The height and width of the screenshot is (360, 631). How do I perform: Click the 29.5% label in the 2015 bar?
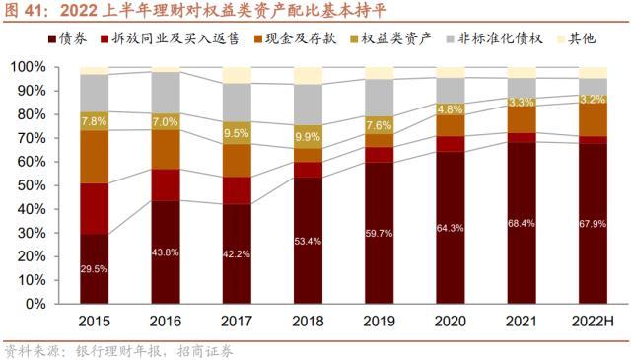(94, 269)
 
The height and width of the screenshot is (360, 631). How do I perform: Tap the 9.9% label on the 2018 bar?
(308, 137)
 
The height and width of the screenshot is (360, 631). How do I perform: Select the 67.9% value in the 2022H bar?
(593, 224)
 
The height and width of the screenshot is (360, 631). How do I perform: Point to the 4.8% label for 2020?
(450, 109)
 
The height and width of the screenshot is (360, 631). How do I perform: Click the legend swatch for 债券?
(52, 39)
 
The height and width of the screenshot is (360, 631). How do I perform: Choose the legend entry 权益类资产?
(390, 38)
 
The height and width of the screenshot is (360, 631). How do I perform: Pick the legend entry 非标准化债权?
(495, 38)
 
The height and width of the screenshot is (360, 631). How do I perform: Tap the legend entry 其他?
(576, 38)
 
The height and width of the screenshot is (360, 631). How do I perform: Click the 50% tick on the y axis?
(32, 185)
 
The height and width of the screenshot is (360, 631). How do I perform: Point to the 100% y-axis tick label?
(28, 67)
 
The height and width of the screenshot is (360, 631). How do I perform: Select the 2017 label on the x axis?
(237, 321)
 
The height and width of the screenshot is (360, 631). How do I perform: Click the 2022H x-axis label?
(593, 321)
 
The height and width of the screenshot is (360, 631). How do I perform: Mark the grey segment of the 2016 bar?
(166, 92)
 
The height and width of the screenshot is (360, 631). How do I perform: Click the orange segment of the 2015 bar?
(95, 157)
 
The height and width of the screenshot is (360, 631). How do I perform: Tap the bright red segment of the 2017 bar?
(237, 190)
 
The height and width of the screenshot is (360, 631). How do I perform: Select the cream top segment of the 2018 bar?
(308, 76)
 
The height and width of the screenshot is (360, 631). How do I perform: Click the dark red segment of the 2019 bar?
(379, 233)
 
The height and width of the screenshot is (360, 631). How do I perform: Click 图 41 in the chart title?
(24, 11)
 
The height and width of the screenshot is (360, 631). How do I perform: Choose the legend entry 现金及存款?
(295, 38)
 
